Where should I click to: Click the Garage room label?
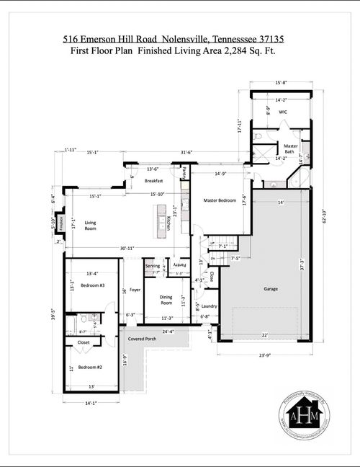point(270,288)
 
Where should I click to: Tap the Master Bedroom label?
point(219,200)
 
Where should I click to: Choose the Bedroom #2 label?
point(91,368)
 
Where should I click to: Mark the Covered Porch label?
point(143,339)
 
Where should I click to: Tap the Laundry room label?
point(210,306)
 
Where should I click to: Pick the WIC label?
point(283,113)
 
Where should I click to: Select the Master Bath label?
point(290,148)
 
